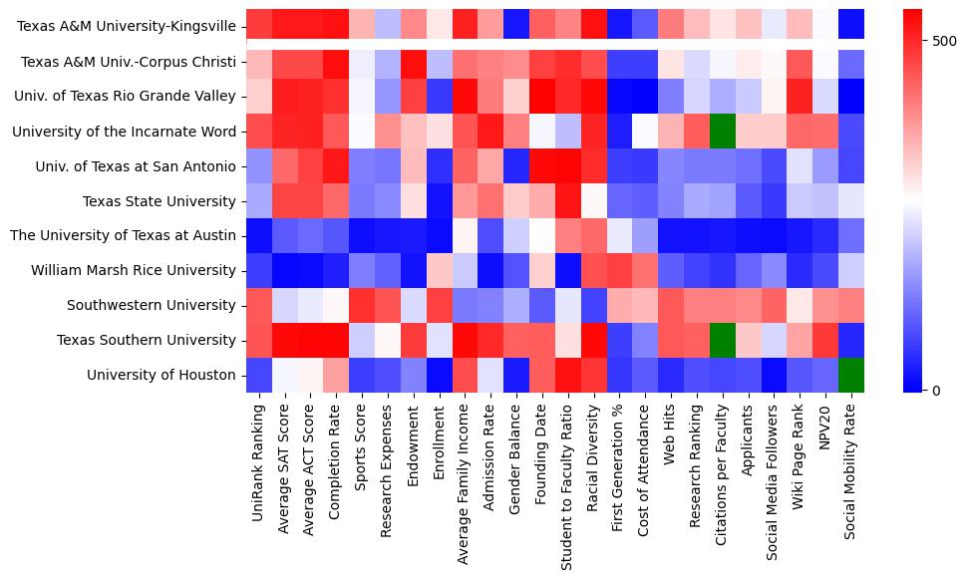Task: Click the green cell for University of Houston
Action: pos(851,375)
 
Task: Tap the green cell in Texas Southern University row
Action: pos(722,340)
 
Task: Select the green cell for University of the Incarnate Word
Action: pos(722,131)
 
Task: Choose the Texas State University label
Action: pos(160,200)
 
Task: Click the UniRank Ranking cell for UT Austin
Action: pos(256,235)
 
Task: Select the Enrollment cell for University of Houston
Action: pos(438,375)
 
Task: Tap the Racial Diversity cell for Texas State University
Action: pos(593,200)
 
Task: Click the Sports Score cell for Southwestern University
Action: pos(360,305)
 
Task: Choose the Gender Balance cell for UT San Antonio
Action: pos(515,165)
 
